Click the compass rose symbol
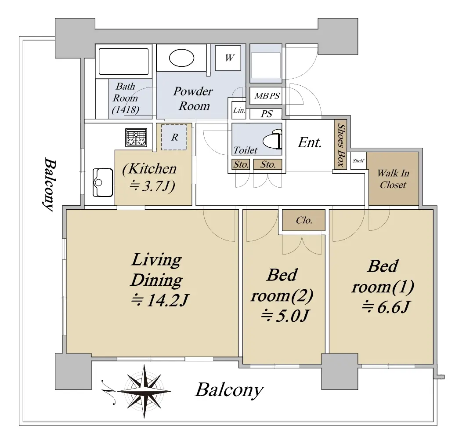(144, 391)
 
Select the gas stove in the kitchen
(136, 138)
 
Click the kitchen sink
(103, 182)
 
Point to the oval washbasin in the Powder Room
(181, 58)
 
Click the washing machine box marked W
(228, 58)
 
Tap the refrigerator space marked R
(174, 137)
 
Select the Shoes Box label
(341, 146)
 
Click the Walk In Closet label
(393, 179)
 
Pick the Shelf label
(358, 160)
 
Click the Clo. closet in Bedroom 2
(303, 220)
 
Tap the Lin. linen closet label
(239, 110)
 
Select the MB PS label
(267, 96)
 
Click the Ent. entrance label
(310, 142)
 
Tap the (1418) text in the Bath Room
(126, 110)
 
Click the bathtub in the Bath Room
(123, 62)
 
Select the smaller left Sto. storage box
(241, 164)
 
